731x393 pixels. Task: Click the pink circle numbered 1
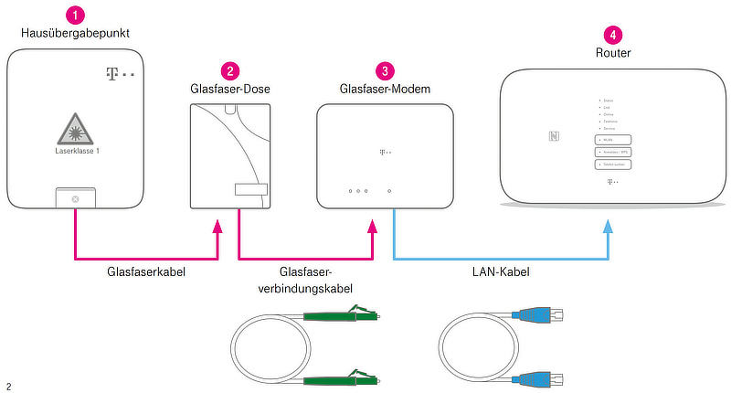[76, 15]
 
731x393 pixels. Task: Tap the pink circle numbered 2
[230, 70]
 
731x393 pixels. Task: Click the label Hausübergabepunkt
[76, 34]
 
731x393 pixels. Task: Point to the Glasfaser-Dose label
[230, 89]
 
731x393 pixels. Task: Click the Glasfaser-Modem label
[386, 89]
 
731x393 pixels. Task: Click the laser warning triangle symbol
[77, 127]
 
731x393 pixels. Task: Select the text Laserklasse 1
[77, 151]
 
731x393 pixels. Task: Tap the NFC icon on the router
[554, 137]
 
